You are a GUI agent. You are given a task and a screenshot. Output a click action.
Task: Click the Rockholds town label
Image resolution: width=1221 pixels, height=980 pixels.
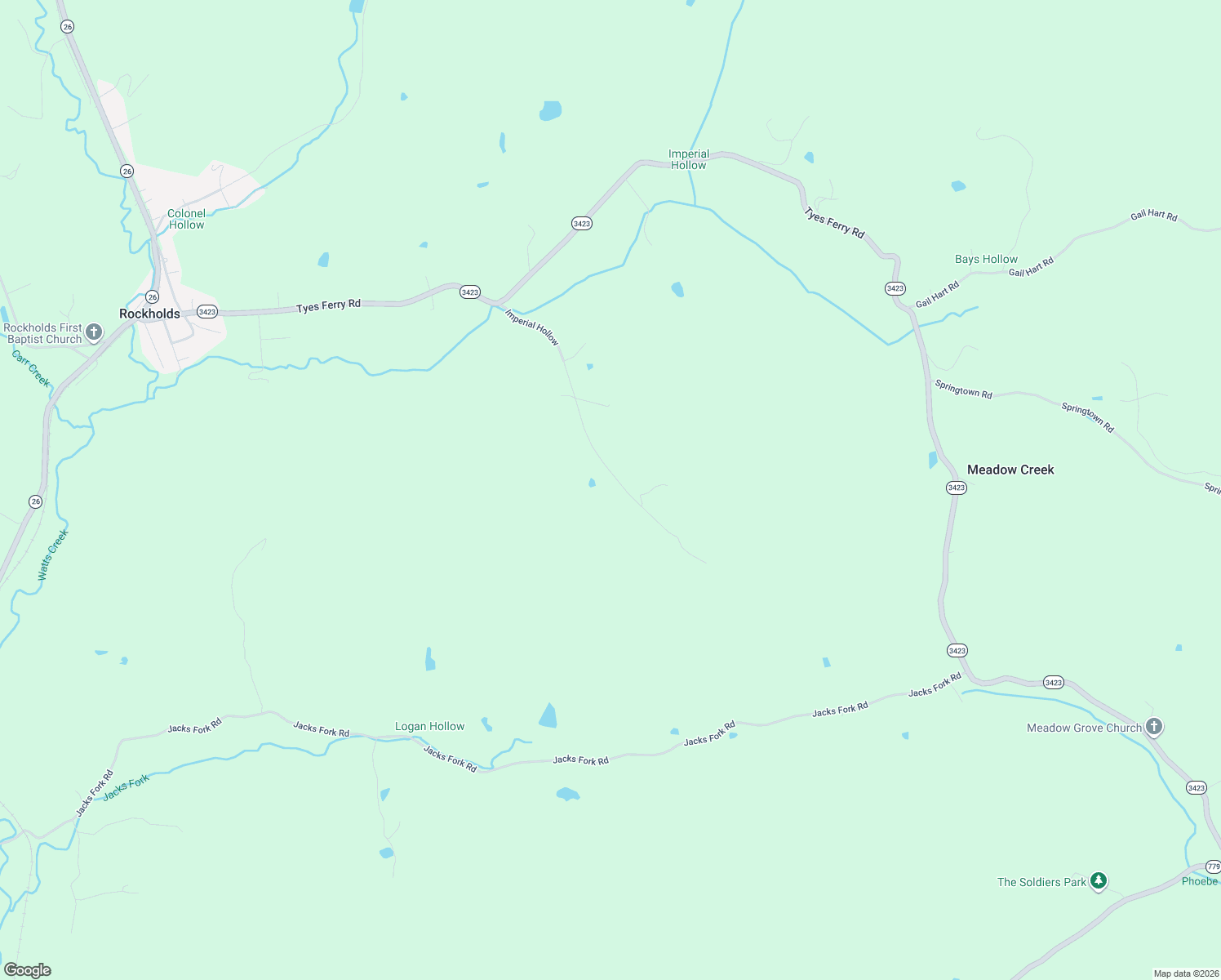149,314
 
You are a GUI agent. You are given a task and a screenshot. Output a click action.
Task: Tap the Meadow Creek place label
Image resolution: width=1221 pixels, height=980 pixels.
1010,470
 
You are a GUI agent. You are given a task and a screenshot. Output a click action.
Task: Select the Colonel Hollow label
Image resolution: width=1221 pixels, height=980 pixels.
186,219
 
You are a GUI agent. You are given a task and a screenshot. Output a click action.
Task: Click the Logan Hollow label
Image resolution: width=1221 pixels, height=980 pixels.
429,726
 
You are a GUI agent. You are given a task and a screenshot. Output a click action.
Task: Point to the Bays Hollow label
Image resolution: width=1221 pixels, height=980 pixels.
986,259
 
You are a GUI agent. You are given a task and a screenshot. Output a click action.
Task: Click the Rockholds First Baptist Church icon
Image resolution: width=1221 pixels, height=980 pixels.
94,332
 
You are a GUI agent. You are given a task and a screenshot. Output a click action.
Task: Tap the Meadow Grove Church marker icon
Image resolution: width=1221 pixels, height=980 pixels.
1153,726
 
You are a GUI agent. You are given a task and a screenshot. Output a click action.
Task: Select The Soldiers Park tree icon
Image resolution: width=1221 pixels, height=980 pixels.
1099,880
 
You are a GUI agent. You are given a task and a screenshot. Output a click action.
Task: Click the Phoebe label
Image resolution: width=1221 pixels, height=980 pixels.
1199,881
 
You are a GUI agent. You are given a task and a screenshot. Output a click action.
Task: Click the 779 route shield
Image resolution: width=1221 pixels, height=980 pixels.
1213,866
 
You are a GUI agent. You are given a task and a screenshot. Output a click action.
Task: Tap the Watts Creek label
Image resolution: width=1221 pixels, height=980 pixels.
53,555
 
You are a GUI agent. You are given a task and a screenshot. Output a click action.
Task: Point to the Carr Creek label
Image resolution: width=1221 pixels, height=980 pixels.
31,368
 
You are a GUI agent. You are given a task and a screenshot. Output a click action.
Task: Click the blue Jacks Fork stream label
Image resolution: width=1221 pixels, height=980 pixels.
127,787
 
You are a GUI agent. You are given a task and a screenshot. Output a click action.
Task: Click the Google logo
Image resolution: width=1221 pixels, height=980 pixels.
27,970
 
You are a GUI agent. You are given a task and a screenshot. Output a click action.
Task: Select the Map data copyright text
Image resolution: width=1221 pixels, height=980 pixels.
1185,973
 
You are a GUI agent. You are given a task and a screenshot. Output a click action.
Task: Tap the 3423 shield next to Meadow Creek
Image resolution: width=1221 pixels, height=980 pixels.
956,488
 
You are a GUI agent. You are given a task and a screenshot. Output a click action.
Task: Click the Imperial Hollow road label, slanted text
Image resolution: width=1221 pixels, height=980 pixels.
532,327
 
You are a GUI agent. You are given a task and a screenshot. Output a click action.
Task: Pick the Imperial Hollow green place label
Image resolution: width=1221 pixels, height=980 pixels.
688,159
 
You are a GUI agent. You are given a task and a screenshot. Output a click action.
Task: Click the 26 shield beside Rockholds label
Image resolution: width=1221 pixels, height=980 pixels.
153,297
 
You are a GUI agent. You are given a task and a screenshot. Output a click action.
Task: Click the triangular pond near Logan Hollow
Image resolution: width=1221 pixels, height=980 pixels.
548,716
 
